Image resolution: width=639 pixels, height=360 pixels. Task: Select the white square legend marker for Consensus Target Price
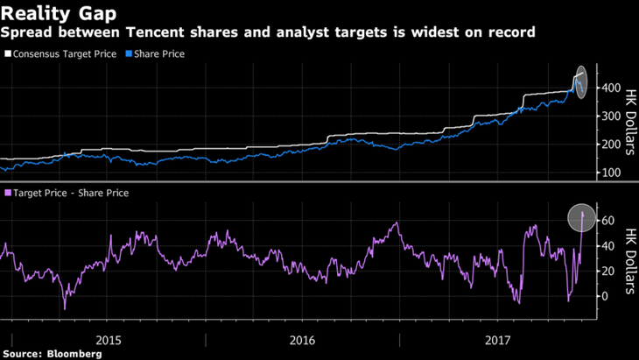(9, 53)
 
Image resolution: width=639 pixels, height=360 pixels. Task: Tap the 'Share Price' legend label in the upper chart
(158, 53)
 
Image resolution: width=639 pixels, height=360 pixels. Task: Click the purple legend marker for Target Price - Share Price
(9, 193)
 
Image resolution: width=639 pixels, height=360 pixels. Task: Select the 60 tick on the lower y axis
(604, 221)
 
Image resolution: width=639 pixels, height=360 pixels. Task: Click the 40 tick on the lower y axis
(604, 246)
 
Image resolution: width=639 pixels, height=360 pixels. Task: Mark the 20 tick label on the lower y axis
(604, 271)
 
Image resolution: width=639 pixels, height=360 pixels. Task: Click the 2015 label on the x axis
(109, 339)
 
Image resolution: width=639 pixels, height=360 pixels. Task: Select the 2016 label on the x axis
(302, 339)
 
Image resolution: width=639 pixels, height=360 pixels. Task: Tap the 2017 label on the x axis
(496, 339)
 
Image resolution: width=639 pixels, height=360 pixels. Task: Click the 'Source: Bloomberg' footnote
(52, 354)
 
